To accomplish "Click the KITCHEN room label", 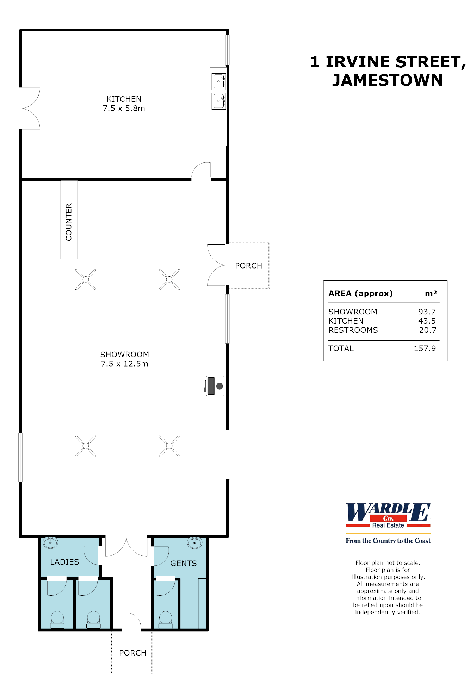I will click(124, 99).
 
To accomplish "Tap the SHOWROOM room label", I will click(124, 354).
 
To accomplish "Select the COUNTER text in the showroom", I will click(69, 222).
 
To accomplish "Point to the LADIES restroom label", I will click(64, 562).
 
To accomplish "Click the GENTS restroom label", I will click(183, 563).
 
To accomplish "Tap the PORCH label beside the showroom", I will click(248, 266).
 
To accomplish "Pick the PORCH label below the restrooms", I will click(133, 653).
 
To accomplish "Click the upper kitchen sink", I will click(219, 82).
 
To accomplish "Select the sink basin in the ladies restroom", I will click(50, 542).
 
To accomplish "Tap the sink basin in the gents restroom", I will click(194, 542).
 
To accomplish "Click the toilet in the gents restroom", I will click(166, 620).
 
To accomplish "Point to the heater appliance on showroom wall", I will click(215, 386).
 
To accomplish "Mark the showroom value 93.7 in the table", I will click(427, 312).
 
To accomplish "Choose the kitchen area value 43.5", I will click(427, 321).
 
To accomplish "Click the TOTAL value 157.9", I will click(425, 348).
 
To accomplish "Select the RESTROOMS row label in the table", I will click(353, 330).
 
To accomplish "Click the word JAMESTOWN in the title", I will click(387, 80).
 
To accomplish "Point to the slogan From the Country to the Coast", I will click(388, 541).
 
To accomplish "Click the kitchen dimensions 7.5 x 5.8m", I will click(124, 108).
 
